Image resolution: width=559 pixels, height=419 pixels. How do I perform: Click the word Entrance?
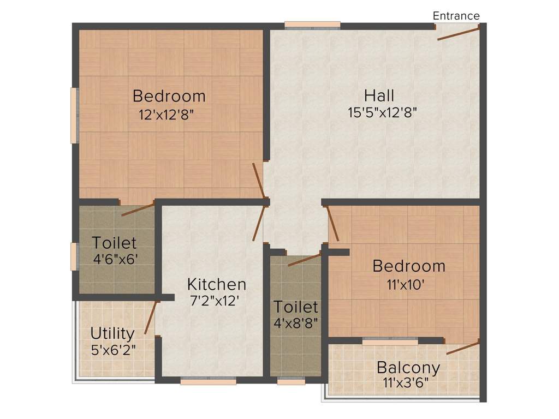[456, 16]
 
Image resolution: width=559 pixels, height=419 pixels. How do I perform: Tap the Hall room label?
[379, 96]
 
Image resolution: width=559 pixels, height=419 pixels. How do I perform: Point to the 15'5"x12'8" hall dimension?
[382, 113]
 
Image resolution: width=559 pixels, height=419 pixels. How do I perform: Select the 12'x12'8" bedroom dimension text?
[167, 115]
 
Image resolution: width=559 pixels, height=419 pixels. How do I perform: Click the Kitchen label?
[216, 284]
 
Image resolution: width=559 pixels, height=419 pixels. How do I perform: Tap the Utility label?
[112, 333]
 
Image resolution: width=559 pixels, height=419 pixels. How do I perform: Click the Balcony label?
[408, 367]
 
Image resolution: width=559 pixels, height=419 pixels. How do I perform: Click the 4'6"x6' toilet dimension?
[115, 258]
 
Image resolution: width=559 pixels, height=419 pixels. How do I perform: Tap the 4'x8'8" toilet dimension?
[295, 322]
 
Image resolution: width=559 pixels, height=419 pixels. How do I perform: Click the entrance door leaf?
[459, 34]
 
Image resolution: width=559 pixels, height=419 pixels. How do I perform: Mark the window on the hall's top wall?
[312, 25]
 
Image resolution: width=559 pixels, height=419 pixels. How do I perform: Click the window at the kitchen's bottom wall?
[208, 381]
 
